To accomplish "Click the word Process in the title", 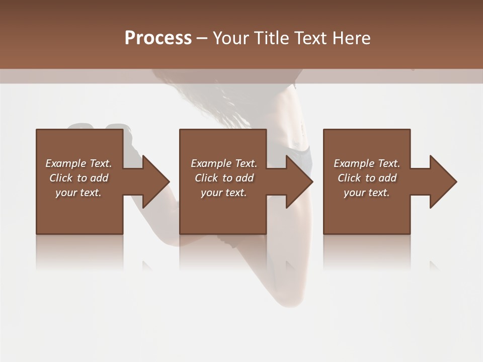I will (x=158, y=38).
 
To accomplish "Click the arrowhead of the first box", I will (x=154, y=182).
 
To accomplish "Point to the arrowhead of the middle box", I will (x=298, y=182).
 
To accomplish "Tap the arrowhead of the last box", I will (x=442, y=182).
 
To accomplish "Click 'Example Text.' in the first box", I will (x=78, y=163).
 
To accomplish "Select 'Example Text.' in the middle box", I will (x=224, y=163).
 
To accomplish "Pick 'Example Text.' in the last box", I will (x=367, y=163).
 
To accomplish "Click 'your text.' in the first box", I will (x=78, y=193).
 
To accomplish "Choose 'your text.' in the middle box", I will (x=224, y=193).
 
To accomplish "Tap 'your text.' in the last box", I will (x=367, y=193).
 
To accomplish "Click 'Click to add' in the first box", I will (x=78, y=178).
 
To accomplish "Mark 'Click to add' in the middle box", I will (x=224, y=178).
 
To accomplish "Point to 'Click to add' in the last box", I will (x=367, y=178).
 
